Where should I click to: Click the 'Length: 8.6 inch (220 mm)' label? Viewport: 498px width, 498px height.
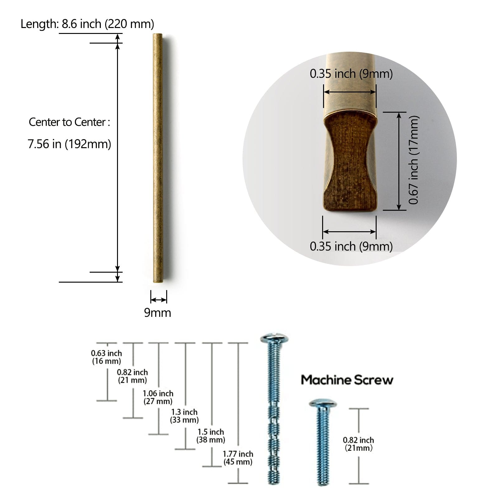coord(87,24)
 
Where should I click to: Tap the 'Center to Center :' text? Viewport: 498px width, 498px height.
coord(69,122)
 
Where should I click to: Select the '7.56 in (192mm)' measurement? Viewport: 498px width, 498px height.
coord(69,144)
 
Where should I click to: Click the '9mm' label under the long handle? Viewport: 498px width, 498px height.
coord(157,312)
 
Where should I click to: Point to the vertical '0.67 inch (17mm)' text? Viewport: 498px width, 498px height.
coord(414,160)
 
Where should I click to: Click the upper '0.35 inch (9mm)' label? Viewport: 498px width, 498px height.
coord(351,74)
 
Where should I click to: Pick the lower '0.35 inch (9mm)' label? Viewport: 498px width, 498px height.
coord(351,246)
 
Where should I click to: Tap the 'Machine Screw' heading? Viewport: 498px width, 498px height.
coord(347,380)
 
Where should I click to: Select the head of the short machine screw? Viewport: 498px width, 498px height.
coord(323,404)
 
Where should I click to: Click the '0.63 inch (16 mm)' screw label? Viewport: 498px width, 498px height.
coord(106,357)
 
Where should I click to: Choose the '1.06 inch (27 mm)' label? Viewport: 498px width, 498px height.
coord(158,397)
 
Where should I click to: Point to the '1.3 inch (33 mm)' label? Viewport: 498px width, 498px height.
coord(184,416)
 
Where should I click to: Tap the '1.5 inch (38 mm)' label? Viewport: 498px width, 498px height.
coord(211,436)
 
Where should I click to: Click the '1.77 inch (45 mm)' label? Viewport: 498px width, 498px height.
coord(238,458)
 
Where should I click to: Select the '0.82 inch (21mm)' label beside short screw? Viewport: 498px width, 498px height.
coord(358,444)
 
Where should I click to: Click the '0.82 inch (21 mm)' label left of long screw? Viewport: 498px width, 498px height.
coord(132,376)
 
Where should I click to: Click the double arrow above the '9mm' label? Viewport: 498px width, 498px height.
coord(158,300)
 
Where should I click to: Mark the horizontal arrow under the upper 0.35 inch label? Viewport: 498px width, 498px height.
coord(350,92)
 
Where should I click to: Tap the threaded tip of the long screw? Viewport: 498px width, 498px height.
coord(274,476)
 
